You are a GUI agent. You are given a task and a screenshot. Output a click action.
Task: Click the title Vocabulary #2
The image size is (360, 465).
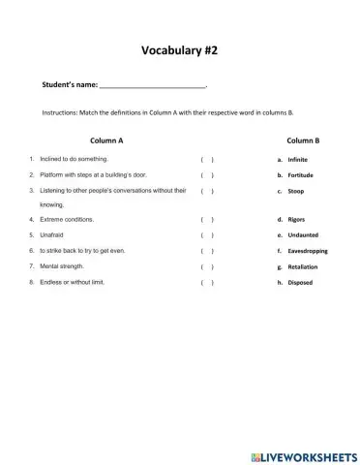click(x=179, y=49)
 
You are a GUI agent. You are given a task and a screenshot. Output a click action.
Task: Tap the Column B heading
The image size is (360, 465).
click(x=303, y=140)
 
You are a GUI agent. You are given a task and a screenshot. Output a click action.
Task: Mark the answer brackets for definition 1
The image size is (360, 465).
click(x=207, y=159)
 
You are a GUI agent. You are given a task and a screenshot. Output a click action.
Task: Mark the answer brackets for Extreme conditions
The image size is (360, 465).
click(x=207, y=220)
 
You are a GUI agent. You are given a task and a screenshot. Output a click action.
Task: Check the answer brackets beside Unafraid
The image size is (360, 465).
click(x=207, y=235)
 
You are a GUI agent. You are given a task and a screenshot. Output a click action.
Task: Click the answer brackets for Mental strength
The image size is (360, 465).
click(x=207, y=266)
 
